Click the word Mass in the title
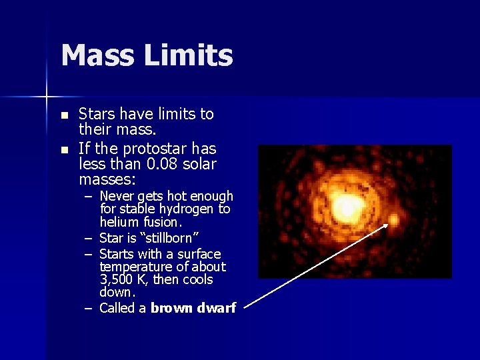[96, 55]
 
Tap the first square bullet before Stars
[64, 115]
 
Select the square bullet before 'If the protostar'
[64, 149]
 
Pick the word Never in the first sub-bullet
[117, 197]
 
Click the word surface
[198, 254]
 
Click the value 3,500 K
[123, 279]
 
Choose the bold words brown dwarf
[193, 308]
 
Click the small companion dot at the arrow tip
[394, 219]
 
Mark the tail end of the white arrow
[245, 307]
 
